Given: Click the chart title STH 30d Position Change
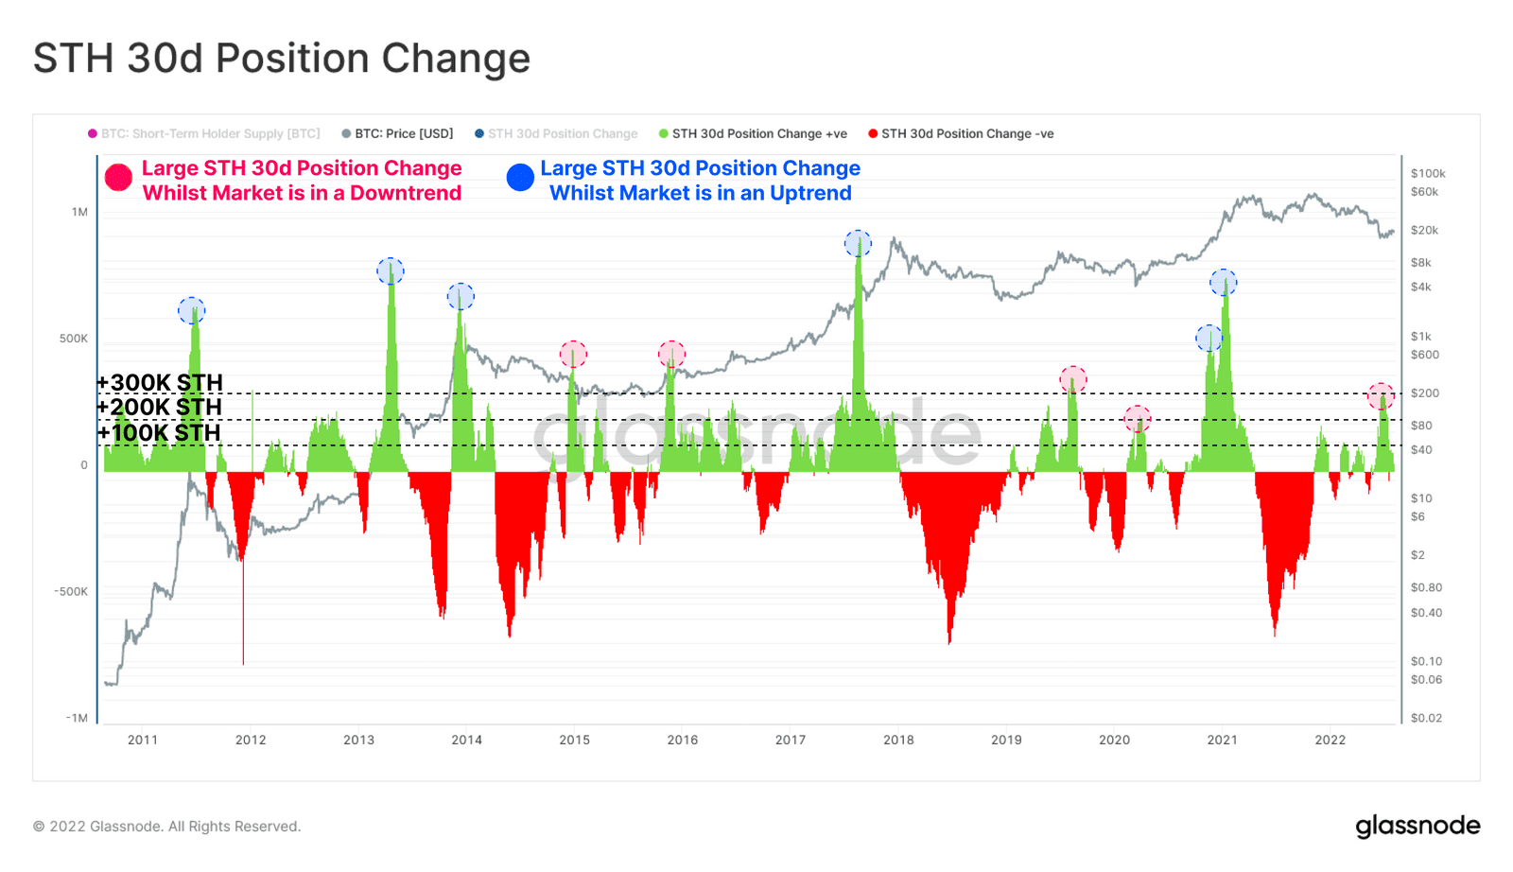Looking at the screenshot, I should point(281,59).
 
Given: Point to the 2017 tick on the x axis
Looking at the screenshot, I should point(791,740).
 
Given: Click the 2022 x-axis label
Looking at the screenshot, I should point(1330,740).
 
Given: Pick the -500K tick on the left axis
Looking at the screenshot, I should point(71,591).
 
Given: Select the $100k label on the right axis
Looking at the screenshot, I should point(1427,173).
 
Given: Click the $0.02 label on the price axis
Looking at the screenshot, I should point(1426,718).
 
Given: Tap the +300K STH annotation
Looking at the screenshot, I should point(160,383).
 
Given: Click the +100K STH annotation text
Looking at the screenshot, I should point(159,433).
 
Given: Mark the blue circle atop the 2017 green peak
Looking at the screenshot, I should point(858,244).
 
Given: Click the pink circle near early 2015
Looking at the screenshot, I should point(573,355).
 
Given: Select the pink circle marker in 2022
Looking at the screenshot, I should point(1381,395).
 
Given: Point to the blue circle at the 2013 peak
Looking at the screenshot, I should point(390,271).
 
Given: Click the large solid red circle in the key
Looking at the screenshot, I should point(118,178).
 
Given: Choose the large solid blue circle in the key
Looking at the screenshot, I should point(520,178).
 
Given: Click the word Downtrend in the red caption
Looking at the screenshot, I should point(406,193).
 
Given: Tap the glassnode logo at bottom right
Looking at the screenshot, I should point(1417,826).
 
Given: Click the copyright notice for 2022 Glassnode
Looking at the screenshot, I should point(166,827).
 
